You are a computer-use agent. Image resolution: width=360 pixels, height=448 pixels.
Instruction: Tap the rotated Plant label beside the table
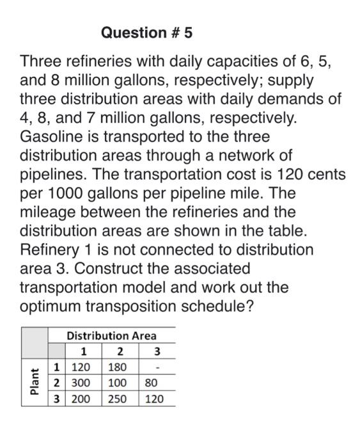[35, 382]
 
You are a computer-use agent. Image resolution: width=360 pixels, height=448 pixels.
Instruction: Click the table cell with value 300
[81, 383]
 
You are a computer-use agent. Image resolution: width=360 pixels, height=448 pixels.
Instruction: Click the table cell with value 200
[81, 398]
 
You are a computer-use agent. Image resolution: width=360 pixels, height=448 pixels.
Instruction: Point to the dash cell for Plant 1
[153, 367]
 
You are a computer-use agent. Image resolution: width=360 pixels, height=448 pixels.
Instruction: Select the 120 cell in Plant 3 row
[153, 398]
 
